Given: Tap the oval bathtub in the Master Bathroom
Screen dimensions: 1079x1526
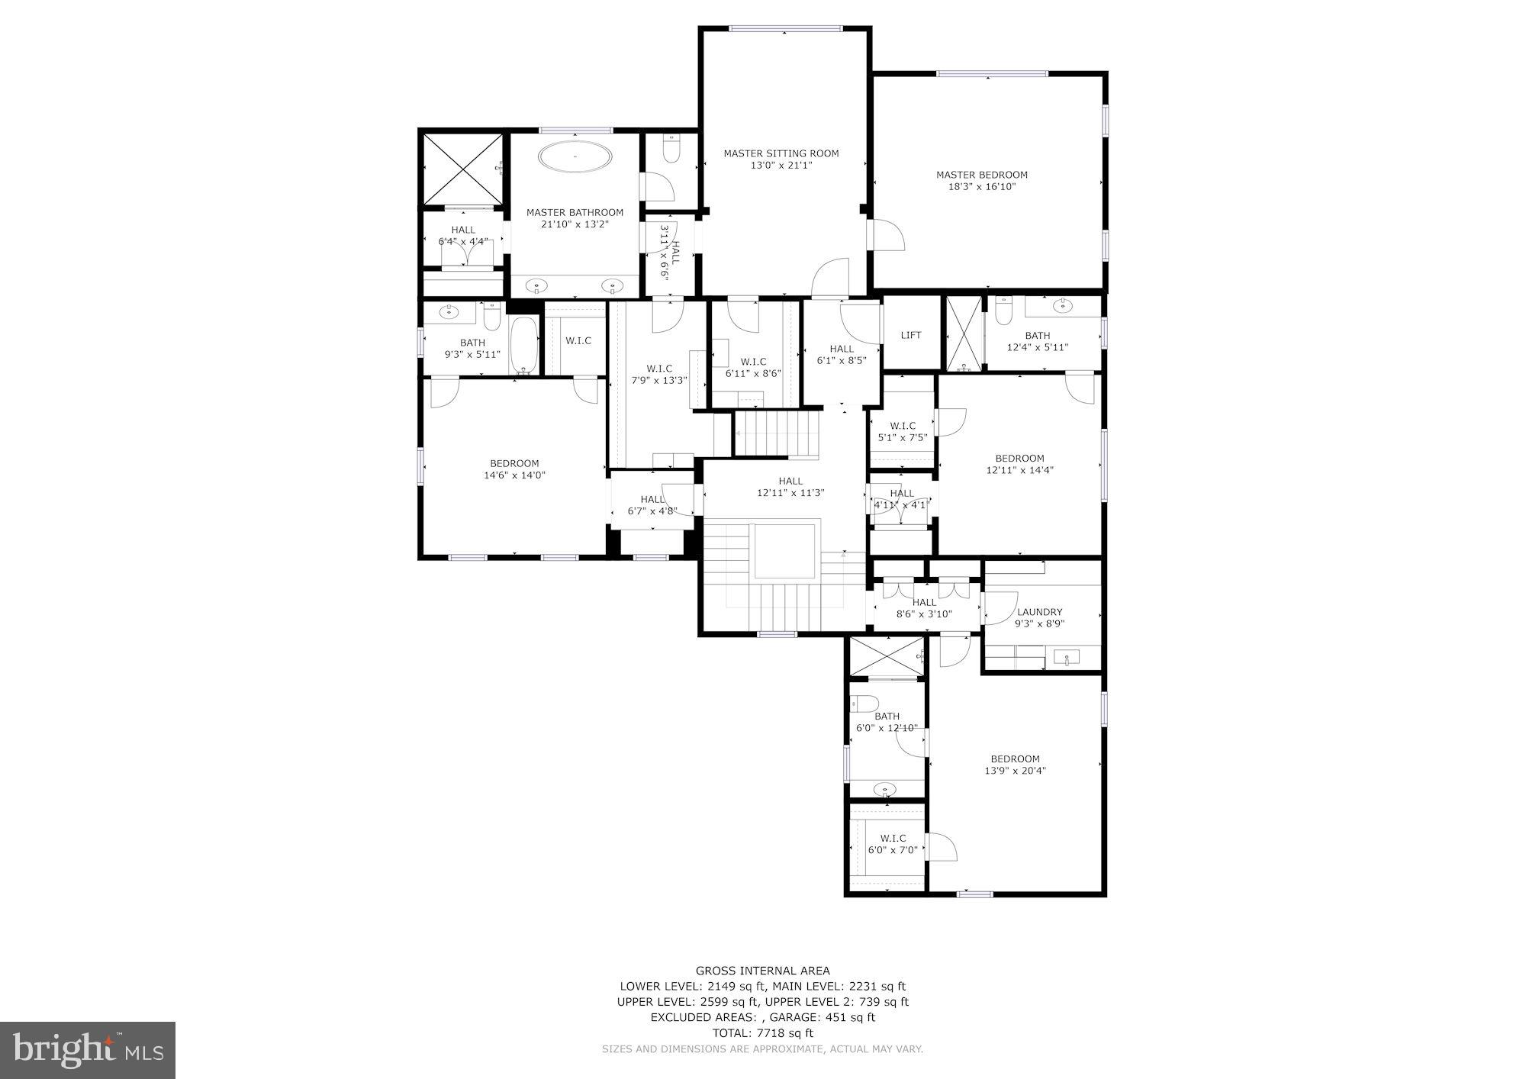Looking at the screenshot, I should click(x=575, y=157).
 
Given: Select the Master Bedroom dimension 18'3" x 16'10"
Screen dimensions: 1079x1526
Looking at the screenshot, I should click(x=981, y=186).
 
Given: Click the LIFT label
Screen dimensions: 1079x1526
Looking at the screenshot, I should click(x=911, y=335).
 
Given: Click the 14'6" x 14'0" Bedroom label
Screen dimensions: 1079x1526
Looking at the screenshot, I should click(x=514, y=469).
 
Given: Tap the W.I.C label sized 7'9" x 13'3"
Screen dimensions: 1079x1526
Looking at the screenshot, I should click(x=658, y=374).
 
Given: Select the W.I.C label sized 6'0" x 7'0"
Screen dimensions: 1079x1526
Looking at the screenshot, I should click(x=893, y=844).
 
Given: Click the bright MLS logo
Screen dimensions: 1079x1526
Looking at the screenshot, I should click(x=88, y=1050).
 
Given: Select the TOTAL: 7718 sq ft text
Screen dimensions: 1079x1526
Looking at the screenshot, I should click(x=762, y=1033).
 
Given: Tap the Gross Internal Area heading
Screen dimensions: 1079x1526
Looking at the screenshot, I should click(x=762, y=971).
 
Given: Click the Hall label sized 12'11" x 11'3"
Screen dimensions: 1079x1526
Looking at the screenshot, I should click(x=790, y=487).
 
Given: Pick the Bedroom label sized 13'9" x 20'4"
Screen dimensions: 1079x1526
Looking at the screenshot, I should click(x=1015, y=765).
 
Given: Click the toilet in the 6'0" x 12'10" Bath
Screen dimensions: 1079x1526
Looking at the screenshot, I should click(x=865, y=704).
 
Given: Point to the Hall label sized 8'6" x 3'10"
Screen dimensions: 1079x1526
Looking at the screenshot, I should click(x=924, y=607).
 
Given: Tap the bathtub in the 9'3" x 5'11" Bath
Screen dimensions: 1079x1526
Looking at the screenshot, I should click(x=523, y=345).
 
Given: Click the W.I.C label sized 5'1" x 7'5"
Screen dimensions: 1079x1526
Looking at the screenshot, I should click(x=903, y=432).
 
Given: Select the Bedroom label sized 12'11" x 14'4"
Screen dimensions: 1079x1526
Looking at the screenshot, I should click(x=1019, y=464).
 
